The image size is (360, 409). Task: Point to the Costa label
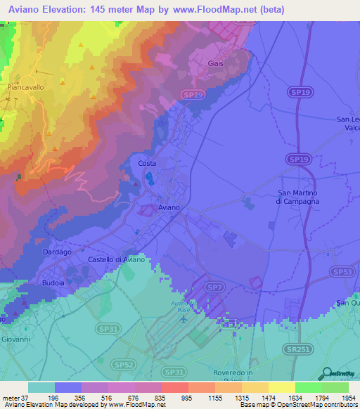[147, 163]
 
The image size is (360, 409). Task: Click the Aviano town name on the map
[169, 208]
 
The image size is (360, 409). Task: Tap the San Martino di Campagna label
[297, 197]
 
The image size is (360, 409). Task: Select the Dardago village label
[57, 252]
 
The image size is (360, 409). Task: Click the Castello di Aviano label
[117, 260]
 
